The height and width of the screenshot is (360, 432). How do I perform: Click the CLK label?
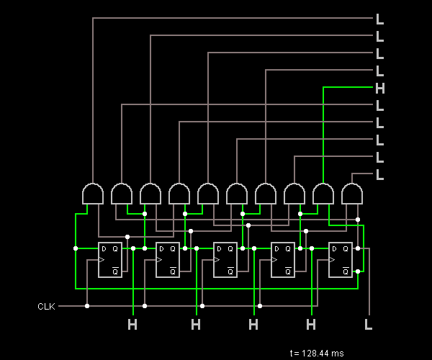(46, 307)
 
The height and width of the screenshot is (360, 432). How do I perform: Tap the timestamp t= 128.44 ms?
(317, 353)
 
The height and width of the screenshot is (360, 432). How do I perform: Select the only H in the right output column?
(380, 89)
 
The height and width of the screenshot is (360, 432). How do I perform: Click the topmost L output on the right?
(380, 19)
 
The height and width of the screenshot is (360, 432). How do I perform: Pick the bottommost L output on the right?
(380, 174)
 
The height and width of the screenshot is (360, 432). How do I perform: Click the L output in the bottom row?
(369, 325)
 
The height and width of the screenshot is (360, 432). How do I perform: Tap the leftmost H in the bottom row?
(132, 325)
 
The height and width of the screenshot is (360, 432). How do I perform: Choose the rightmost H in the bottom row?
(311, 325)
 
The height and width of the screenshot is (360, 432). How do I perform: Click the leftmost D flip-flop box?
(110, 260)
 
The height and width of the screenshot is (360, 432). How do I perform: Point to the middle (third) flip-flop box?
(225, 260)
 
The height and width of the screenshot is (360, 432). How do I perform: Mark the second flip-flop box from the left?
(168, 260)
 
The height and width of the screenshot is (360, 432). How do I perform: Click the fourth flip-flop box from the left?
(283, 260)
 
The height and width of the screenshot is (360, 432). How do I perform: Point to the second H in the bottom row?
(196, 325)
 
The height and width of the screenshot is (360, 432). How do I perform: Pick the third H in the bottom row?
(253, 325)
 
